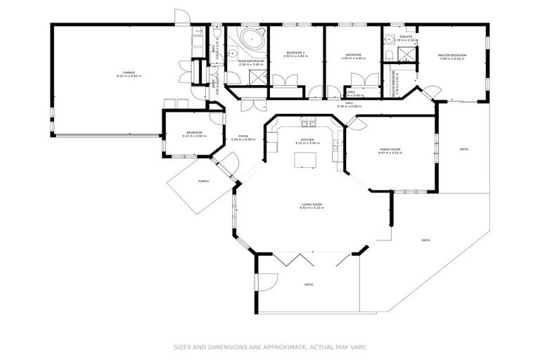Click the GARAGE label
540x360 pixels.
point(129,72)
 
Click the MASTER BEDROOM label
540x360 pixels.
point(453,55)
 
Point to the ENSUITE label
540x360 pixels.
point(406,37)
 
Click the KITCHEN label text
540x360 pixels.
point(307,139)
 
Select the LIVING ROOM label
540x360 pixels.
point(310,204)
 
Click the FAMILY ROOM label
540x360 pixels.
point(391,149)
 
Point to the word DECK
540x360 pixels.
point(425,240)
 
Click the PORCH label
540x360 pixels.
point(203,181)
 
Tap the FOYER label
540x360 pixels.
point(243,136)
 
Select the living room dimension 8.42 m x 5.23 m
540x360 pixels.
point(310,208)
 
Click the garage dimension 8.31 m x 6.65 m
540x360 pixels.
point(129,76)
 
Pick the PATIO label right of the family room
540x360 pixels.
point(464,149)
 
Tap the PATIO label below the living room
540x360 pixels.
point(309,284)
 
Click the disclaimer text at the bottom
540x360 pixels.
point(270,347)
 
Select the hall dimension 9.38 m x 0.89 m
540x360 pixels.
point(349,106)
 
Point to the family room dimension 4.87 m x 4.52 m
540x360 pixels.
point(391,153)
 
